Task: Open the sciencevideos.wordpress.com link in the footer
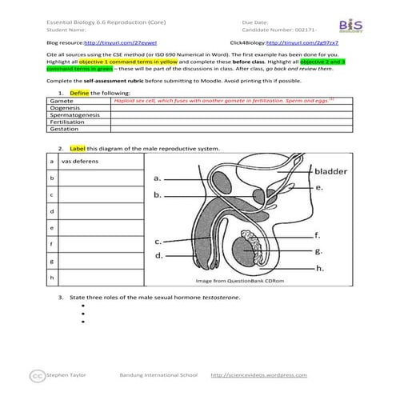[x=258, y=374]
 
